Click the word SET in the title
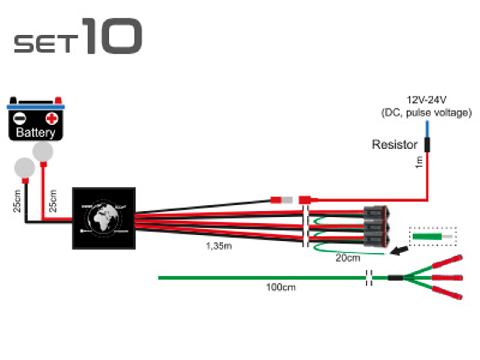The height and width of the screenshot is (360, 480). click(x=46, y=44)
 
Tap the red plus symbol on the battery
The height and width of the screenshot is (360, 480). click(x=52, y=118)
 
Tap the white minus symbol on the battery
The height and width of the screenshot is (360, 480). click(x=20, y=118)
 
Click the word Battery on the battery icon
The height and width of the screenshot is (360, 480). click(x=36, y=132)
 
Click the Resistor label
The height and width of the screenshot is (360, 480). click(x=394, y=145)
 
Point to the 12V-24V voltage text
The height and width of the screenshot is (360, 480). click(x=426, y=100)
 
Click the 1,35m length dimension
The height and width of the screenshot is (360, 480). click(x=219, y=246)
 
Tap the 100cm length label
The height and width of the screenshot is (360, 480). click(x=281, y=287)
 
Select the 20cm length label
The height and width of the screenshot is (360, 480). click(x=348, y=258)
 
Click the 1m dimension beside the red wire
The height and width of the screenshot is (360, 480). click(x=419, y=162)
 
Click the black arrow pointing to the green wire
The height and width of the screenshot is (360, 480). click(x=400, y=250)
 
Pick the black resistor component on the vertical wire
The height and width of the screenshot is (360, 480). click(x=427, y=145)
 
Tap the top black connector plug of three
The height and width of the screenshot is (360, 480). click(x=375, y=213)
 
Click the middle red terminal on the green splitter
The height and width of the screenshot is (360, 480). click(x=447, y=278)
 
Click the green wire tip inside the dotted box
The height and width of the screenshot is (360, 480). click(x=427, y=237)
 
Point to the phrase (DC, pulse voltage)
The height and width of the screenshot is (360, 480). click(x=426, y=113)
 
